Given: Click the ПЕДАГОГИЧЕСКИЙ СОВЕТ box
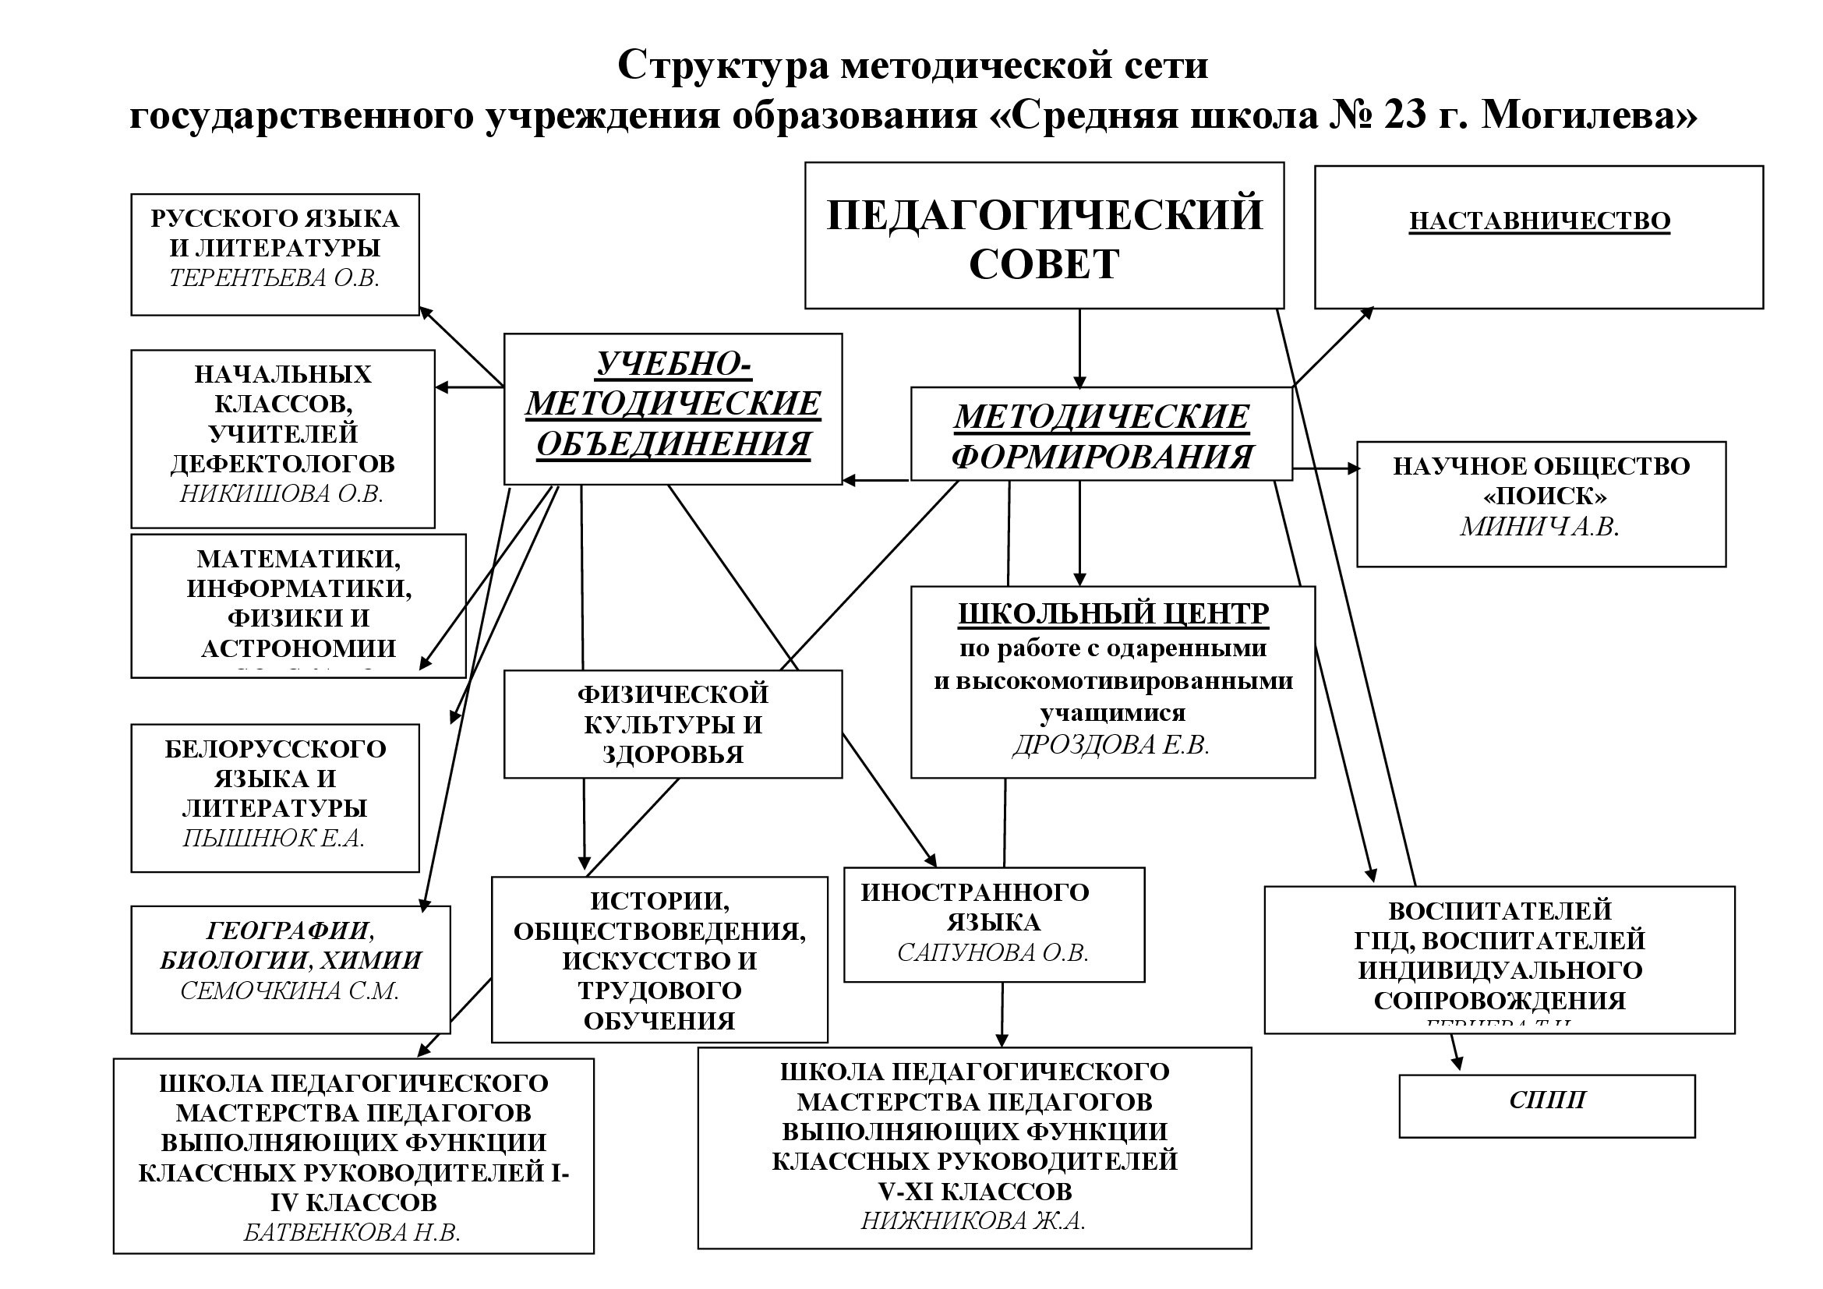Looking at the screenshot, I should click(x=1044, y=235).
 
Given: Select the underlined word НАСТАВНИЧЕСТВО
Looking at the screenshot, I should click(x=1539, y=221).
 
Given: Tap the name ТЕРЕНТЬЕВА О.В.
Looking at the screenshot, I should click(x=274, y=277).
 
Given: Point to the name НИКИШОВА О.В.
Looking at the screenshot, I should click(x=282, y=493).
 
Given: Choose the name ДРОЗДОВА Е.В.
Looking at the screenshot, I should click(x=1111, y=744).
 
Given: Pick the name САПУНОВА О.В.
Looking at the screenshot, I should click(x=992, y=952).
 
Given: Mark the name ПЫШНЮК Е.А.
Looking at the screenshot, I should click(x=274, y=839).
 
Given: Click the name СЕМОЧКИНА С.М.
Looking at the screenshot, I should click(x=290, y=991).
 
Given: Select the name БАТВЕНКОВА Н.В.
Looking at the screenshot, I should click(x=352, y=1233).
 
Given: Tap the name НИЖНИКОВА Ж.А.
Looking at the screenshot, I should click(x=973, y=1220).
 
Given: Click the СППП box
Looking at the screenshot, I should click(x=1546, y=1107).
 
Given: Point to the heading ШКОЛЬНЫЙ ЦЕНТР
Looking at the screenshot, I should click(x=1113, y=613).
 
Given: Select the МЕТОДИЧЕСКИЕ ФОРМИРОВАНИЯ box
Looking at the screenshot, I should click(x=1101, y=434).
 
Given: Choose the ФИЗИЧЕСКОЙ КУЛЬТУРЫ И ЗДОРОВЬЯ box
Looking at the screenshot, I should click(x=673, y=724).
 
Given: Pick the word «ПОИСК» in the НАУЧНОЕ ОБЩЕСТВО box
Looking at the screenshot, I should click(x=1544, y=496).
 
